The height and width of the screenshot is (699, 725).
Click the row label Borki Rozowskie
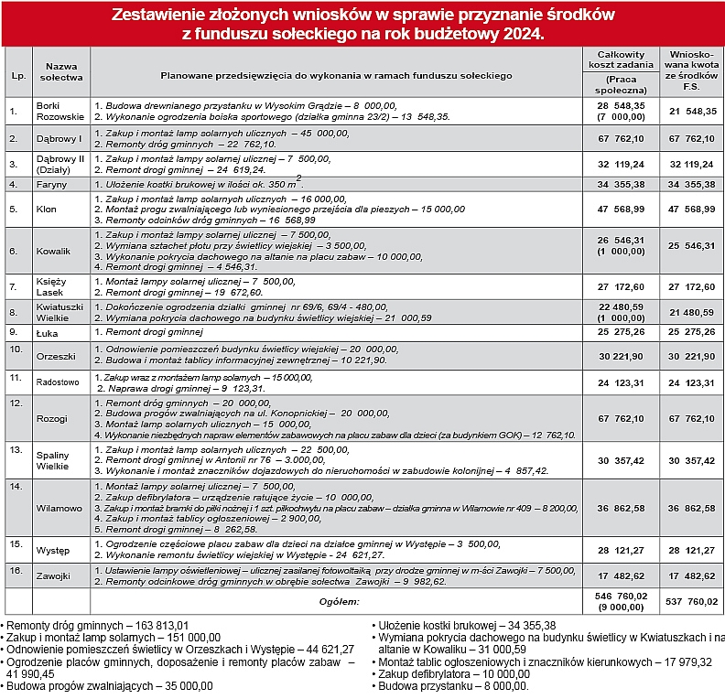60,111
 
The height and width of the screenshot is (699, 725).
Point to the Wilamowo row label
60,507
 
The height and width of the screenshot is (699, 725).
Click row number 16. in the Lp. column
15,570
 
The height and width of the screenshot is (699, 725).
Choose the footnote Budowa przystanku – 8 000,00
453,685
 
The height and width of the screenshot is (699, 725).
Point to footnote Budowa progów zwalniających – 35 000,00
109,685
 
